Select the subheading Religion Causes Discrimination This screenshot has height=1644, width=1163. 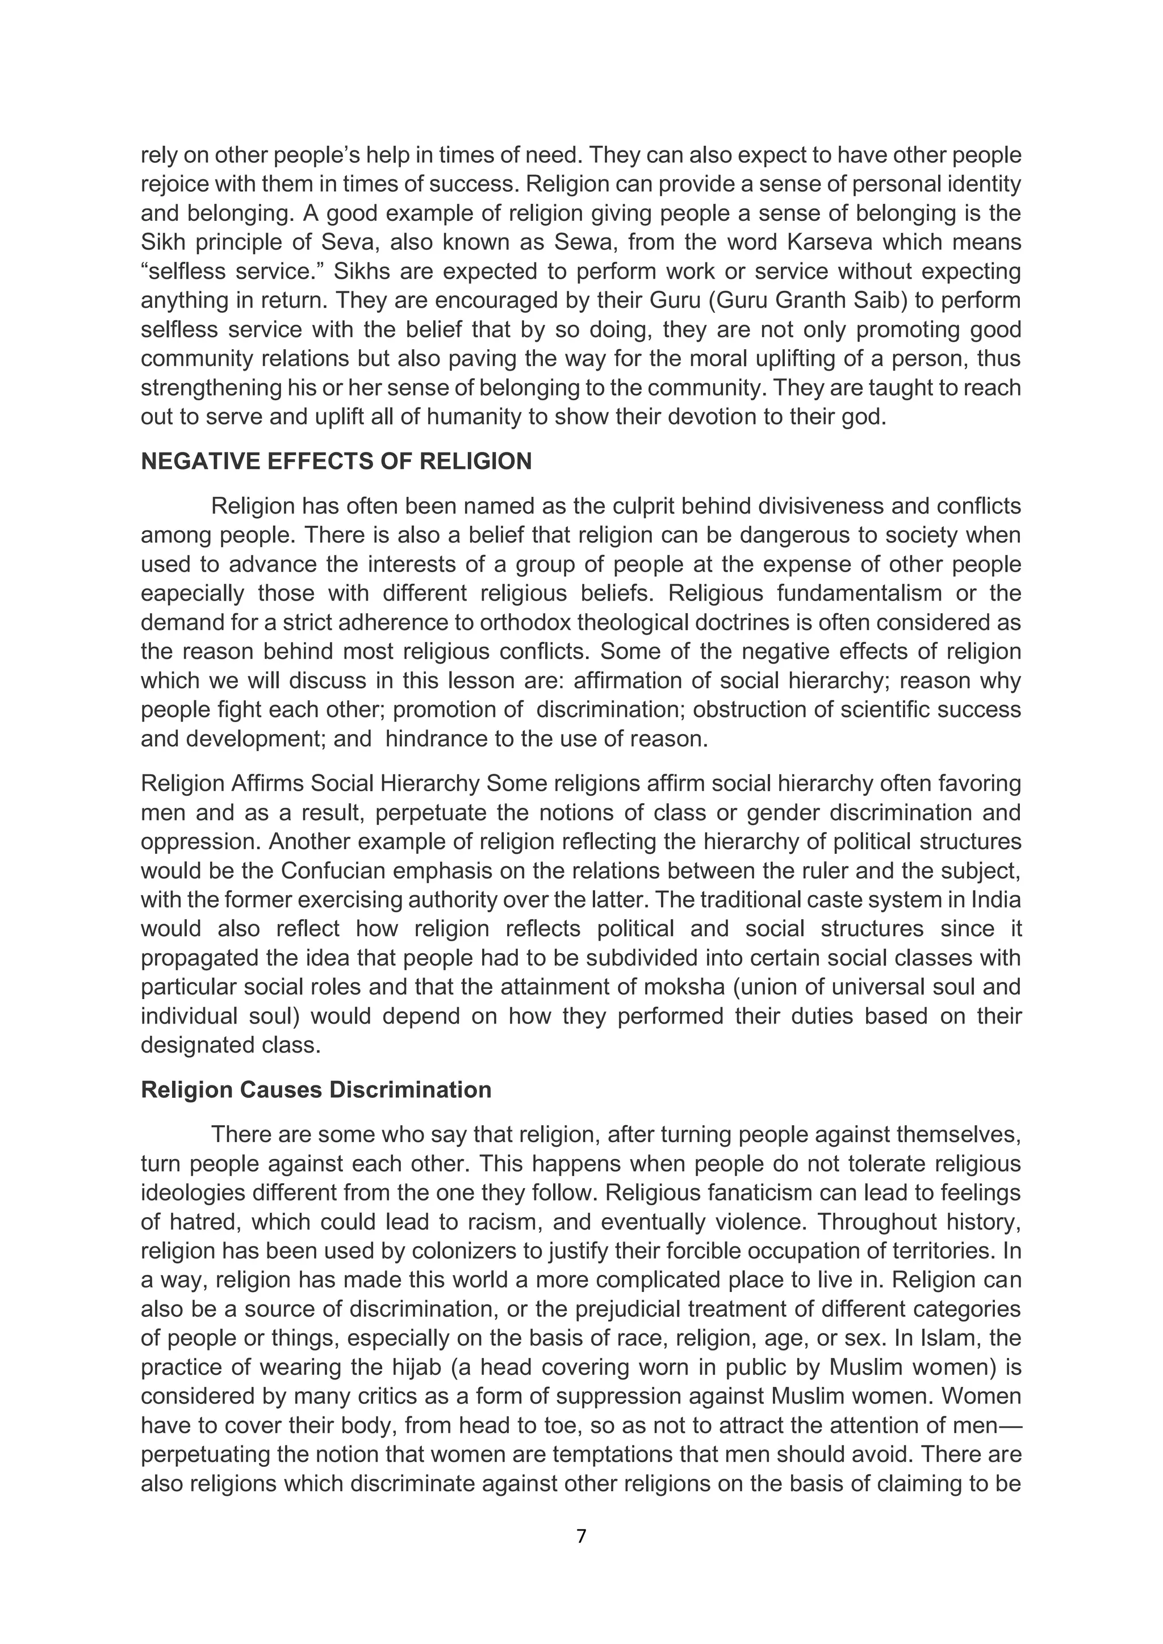316,1090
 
